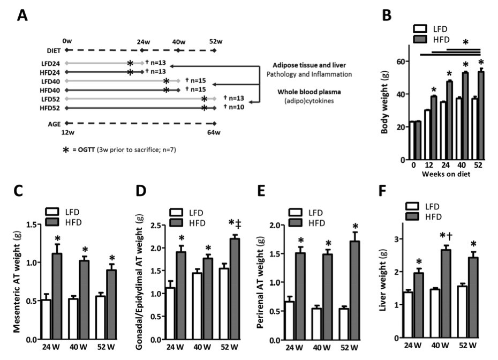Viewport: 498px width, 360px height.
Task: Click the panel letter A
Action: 23,15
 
